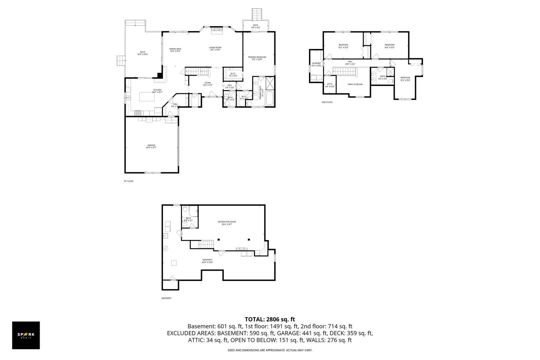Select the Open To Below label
(355, 84)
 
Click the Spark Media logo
(26, 335)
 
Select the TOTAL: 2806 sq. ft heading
(270, 319)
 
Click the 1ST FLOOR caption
(128, 181)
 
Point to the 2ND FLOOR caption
(327, 102)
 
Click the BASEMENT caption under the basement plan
(166, 298)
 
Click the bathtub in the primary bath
(269, 99)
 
